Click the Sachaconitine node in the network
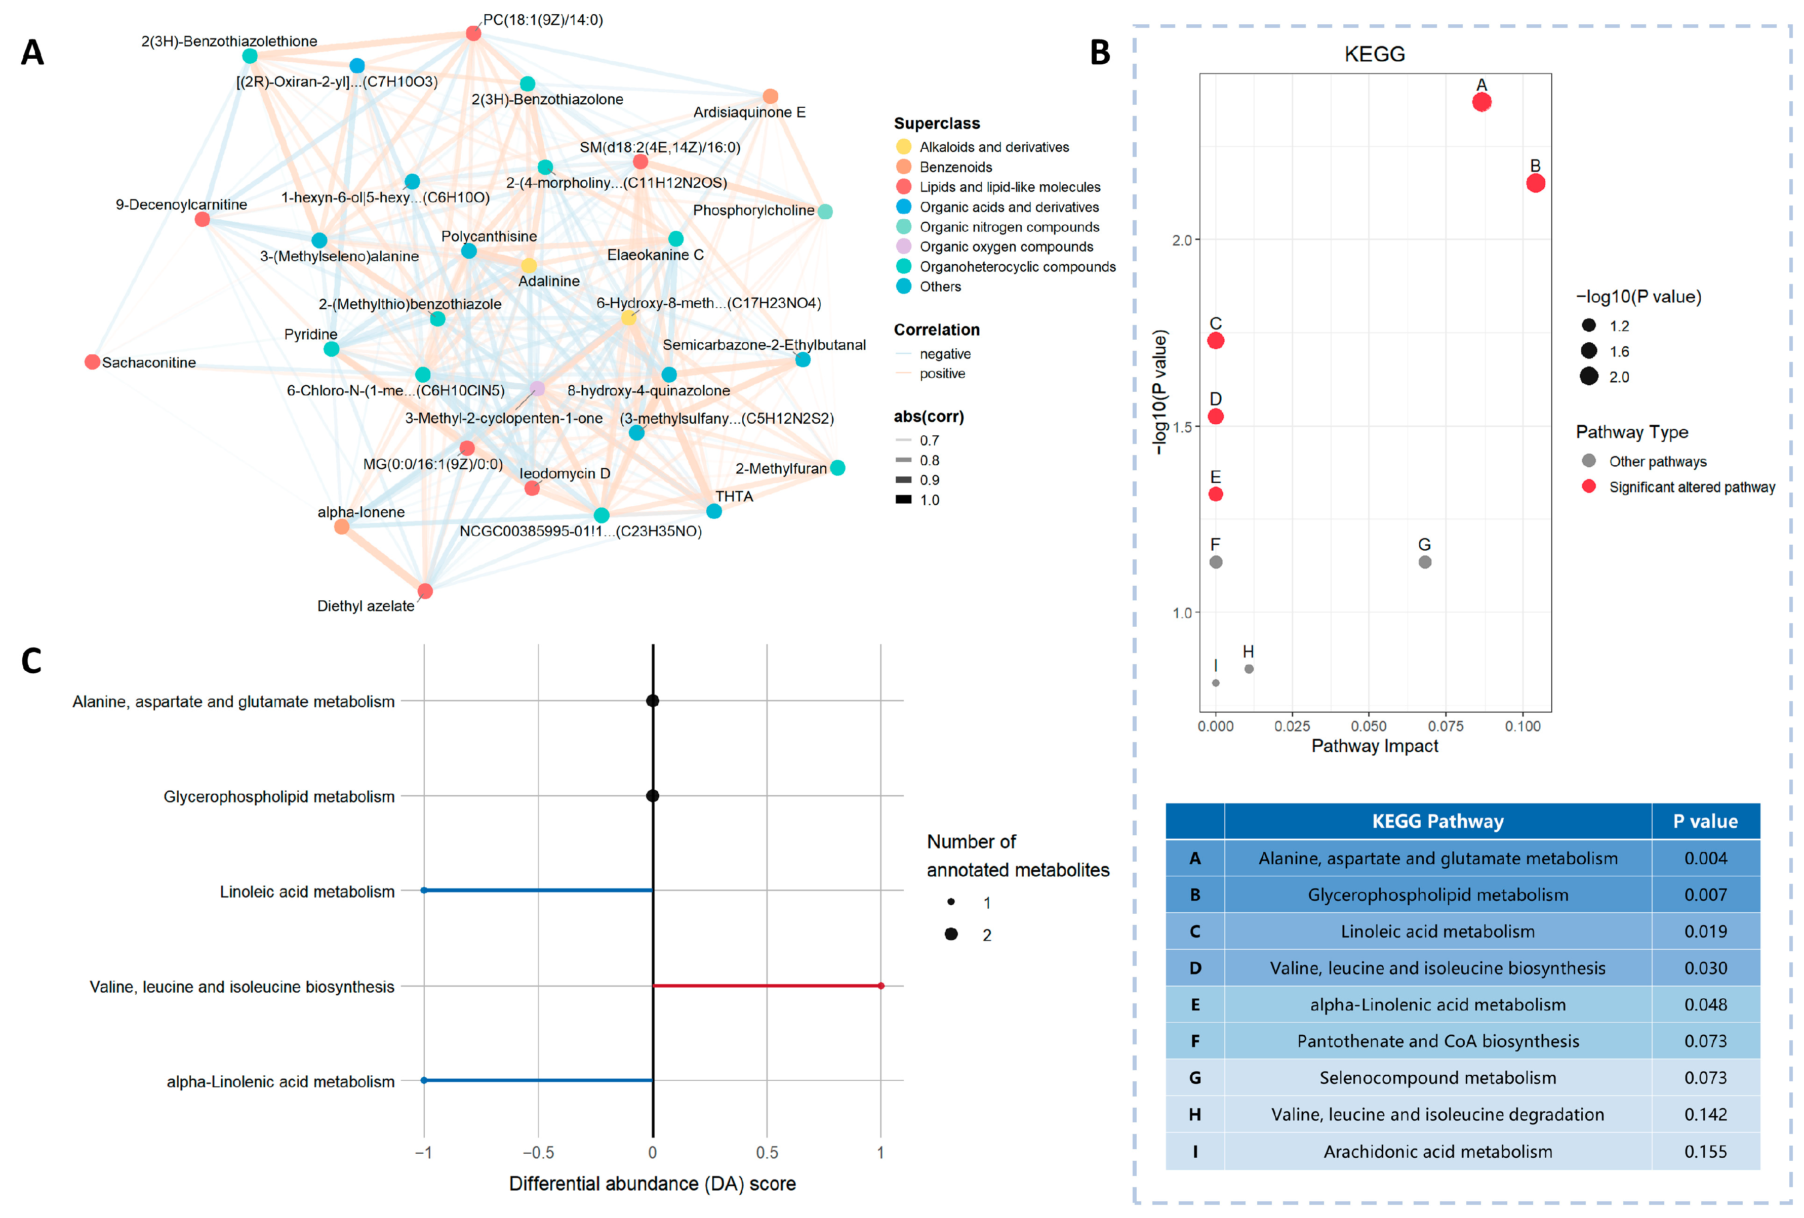pos(92,362)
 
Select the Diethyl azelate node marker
pos(425,591)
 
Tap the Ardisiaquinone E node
pos(770,96)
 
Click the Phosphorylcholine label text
pos(753,211)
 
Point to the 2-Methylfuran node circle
pos(837,467)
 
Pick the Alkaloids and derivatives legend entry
pos(993,147)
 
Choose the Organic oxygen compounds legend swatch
pos(904,246)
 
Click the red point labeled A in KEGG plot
pos(1481,102)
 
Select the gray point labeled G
pos(1424,562)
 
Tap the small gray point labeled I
pos(1216,683)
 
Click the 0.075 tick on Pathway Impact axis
pos(1446,726)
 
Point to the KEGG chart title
pos(1375,54)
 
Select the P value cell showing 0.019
pos(1705,931)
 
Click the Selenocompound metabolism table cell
pos(1437,1077)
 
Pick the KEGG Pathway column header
pos(1437,821)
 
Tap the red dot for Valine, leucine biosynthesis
pos(880,986)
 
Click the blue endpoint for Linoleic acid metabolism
pos(424,890)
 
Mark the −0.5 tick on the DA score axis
pos(538,1153)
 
